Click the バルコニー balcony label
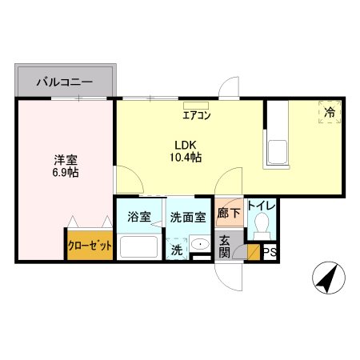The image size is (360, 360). tap(65, 82)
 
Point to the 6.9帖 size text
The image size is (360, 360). tap(66, 173)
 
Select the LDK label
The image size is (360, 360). tap(186, 146)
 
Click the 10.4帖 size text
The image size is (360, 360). tap(186, 158)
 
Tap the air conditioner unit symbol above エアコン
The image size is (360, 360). tap(196, 106)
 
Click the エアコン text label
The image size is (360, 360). tap(197, 115)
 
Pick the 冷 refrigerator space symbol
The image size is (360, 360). tap(330, 112)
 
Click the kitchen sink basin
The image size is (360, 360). tap(278, 152)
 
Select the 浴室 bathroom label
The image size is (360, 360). tap(139, 217)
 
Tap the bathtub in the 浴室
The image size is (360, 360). tap(139, 246)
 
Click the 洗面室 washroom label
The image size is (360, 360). tap(188, 218)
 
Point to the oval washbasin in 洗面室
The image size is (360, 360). tap(200, 244)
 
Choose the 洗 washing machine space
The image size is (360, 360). tap(177, 249)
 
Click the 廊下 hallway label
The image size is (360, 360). tap(229, 213)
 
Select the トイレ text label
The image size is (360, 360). tap(262, 206)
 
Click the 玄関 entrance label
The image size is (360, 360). tap(224, 246)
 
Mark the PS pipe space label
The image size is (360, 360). tap(270, 252)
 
